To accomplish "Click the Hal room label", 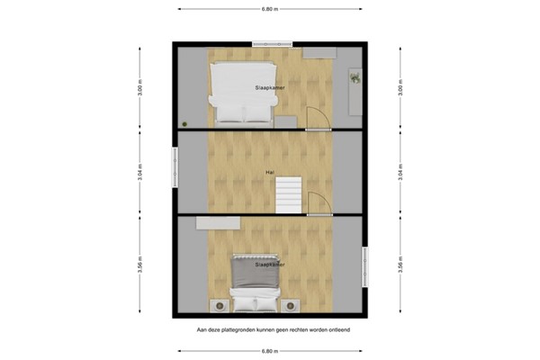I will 269,172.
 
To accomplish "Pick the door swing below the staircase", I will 319,204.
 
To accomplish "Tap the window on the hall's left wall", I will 175,168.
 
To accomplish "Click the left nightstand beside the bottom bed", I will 219,304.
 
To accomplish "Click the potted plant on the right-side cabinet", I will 355,77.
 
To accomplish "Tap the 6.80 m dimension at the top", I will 269,9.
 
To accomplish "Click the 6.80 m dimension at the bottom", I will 269,350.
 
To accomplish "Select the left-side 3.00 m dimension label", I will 139,89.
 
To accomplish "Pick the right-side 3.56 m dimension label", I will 399,265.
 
